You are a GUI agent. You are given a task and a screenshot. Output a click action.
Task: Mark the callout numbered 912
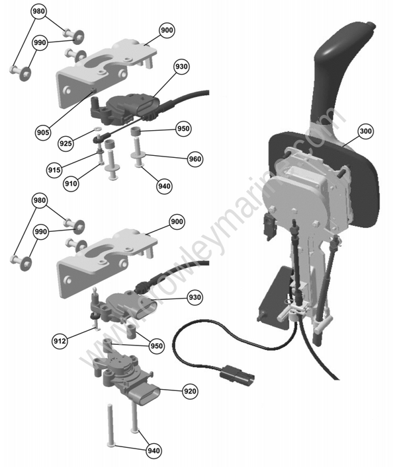tap(60, 341)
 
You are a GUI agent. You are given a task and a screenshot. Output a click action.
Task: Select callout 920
tap(190, 392)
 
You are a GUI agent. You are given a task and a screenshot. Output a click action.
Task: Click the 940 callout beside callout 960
tap(164, 186)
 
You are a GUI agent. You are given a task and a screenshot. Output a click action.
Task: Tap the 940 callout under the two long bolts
tap(154, 451)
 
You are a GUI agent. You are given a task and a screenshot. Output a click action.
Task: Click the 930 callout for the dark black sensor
tap(181, 67)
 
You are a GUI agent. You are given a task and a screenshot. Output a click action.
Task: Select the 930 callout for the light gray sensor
tap(194, 298)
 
